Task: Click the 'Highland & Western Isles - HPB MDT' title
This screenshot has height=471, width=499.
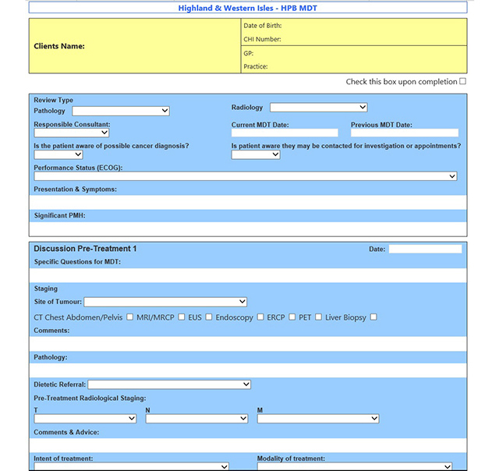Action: pyautogui.click(x=248, y=8)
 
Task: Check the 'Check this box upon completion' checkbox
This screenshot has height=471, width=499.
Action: pyautogui.click(x=463, y=81)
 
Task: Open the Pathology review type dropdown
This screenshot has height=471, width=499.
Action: pyautogui.click(x=121, y=111)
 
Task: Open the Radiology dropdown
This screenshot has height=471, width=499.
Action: pyautogui.click(x=318, y=108)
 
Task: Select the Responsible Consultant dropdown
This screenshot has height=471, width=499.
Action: pyautogui.click(x=71, y=133)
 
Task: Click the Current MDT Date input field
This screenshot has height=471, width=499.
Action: pyautogui.click(x=285, y=133)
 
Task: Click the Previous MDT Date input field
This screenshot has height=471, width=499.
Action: pyautogui.click(x=405, y=133)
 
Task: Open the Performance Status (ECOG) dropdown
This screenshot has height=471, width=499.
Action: pyautogui.click(x=245, y=176)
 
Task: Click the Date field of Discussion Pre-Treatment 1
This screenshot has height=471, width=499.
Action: pyautogui.click(x=425, y=249)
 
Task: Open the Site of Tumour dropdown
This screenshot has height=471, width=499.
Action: pyautogui.click(x=165, y=302)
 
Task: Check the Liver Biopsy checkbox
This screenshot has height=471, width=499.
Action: pyautogui.click(x=373, y=317)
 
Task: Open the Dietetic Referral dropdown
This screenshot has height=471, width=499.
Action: pyautogui.click(x=169, y=384)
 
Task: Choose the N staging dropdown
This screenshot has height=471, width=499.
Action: pyautogui.click(x=196, y=419)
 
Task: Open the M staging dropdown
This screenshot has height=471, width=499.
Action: pyautogui.click(x=318, y=419)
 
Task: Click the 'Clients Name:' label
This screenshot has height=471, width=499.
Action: pyautogui.click(x=59, y=46)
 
